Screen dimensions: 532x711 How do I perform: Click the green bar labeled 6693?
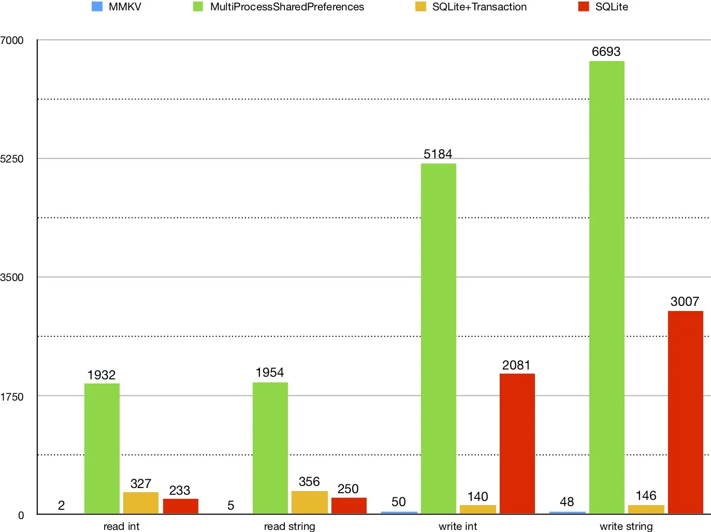pyautogui.click(x=606, y=287)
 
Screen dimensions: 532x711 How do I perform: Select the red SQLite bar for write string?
pyautogui.click(x=685, y=412)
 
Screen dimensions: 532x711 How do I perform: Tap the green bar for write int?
pyautogui.click(x=438, y=338)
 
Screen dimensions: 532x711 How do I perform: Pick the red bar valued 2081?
pyautogui.click(x=517, y=444)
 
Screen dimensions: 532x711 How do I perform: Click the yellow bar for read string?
pyautogui.click(x=309, y=502)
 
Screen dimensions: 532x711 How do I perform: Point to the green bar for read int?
pyautogui.click(x=101, y=448)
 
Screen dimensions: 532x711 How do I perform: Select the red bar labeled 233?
pyautogui.click(x=180, y=506)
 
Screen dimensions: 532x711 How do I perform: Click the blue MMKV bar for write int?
pyautogui.click(x=399, y=512)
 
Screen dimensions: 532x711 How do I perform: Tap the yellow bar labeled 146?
pyautogui.click(x=646, y=509)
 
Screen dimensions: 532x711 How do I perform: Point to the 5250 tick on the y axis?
pyautogui.click(x=12, y=159)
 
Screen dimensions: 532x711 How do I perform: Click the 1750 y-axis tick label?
pyautogui.click(x=12, y=397)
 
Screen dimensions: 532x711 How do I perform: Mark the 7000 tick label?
pyautogui.click(x=12, y=40)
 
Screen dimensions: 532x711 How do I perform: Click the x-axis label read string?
pyautogui.click(x=289, y=526)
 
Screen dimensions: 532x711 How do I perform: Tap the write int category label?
pyautogui.click(x=458, y=526)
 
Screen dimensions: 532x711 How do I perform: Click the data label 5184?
pyautogui.click(x=438, y=154)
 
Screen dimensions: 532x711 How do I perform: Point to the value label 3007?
pyautogui.click(x=685, y=301)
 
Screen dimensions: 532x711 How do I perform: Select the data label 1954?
pyautogui.click(x=269, y=372)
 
